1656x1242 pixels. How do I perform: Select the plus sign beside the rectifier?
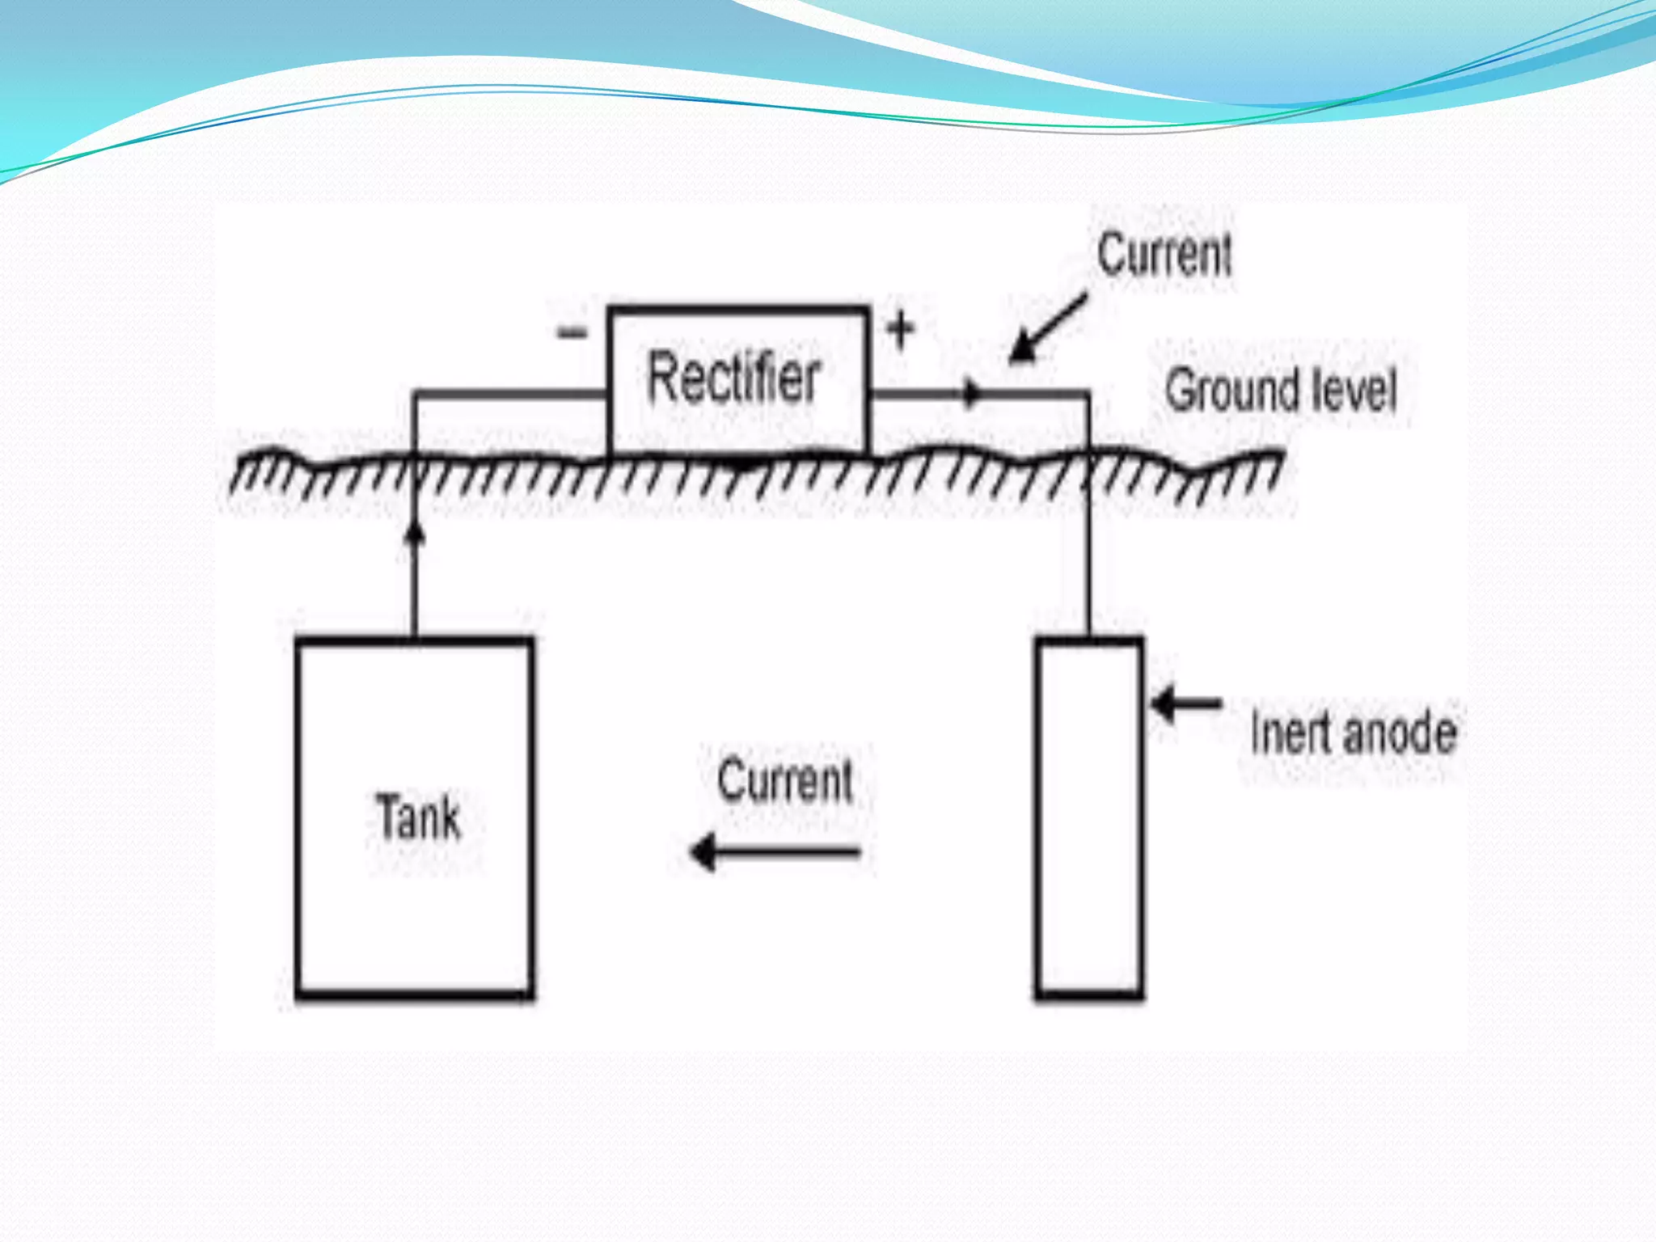click(x=900, y=330)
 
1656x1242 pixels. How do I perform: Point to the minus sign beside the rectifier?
click(x=572, y=332)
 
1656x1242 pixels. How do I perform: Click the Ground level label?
click(x=1281, y=390)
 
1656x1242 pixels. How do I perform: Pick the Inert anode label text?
click(x=1354, y=733)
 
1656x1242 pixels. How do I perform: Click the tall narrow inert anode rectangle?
click(x=1089, y=817)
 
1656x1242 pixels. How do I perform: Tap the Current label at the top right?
click(x=1164, y=255)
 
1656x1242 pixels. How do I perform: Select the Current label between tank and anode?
click(x=785, y=781)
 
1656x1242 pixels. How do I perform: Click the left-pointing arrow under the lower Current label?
click(x=775, y=852)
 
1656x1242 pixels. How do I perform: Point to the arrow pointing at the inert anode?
click(x=1185, y=704)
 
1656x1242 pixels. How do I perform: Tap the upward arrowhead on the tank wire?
click(x=415, y=534)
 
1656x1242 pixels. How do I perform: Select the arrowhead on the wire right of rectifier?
click(x=970, y=395)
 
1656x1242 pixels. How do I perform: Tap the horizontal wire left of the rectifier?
click(x=509, y=394)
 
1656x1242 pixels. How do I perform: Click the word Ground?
click(x=1231, y=390)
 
